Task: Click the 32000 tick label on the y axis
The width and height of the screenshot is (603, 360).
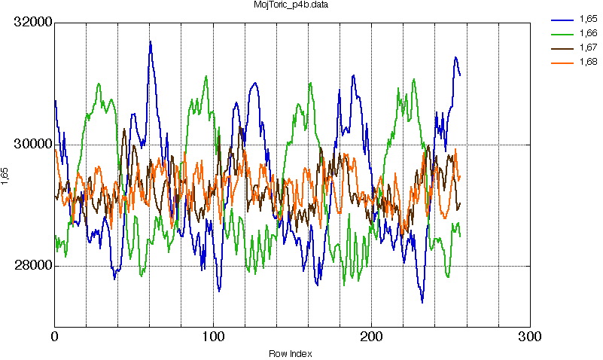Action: pos(33,23)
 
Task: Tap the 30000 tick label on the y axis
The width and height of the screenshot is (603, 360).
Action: pos(33,145)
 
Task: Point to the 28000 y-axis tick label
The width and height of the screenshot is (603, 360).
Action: pos(33,266)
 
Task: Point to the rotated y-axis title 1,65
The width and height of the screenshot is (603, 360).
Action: pos(6,176)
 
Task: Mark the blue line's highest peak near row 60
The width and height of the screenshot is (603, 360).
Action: pos(150,41)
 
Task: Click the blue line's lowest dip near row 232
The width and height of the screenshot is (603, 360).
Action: pos(422,302)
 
